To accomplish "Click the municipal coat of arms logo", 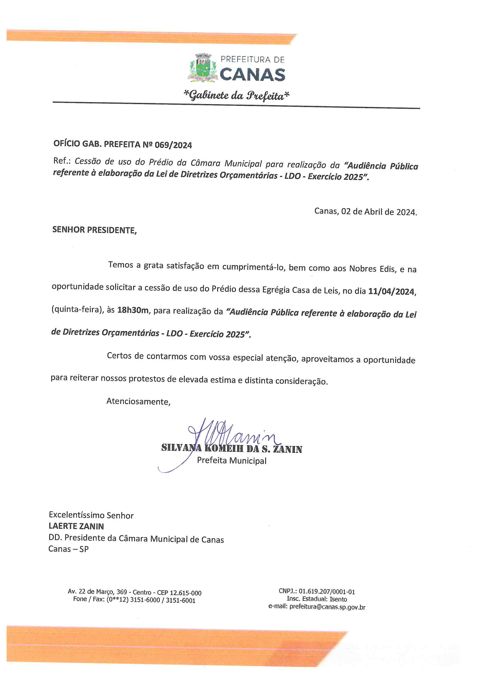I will click(x=203, y=68).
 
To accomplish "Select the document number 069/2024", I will click(x=173, y=145).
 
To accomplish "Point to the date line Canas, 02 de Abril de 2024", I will click(x=366, y=212).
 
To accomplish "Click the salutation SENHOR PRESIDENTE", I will click(x=94, y=230).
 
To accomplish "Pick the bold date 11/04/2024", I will click(x=392, y=291).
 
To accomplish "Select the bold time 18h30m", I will click(x=133, y=310).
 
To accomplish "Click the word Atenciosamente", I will click(x=138, y=402).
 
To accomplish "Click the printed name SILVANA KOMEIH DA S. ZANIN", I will click(x=232, y=449).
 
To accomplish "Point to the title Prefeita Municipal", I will click(x=232, y=461).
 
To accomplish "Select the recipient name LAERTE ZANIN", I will click(x=76, y=526).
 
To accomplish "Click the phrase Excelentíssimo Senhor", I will click(x=91, y=515).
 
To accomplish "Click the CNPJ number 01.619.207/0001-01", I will click(x=326, y=592).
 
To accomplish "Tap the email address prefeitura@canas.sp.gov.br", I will click(x=327, y=607).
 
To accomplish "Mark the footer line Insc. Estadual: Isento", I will click(x=317, y=599).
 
